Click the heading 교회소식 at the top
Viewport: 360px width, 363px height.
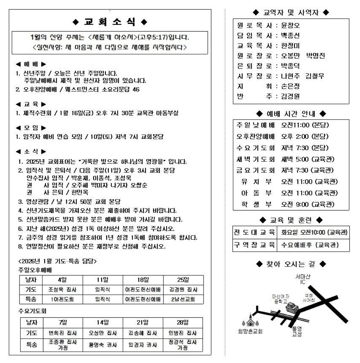(110, 23)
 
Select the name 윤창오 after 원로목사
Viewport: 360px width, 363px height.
(290, 26)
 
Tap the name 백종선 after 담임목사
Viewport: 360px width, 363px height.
(290, 36)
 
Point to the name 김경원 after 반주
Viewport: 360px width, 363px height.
(290, 96)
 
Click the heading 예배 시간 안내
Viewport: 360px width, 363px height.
(291, 113)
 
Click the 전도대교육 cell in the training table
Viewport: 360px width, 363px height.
(255, 233)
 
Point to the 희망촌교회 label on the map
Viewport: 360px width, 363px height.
(250, 331)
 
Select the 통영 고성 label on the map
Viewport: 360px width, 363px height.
(297, 331)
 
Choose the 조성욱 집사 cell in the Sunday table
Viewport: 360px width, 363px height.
(62, 290)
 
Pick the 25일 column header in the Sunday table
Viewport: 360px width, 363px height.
(183, 280)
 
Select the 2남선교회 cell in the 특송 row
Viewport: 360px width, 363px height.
(183, 299)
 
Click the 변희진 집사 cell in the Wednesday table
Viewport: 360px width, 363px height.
(63, 333)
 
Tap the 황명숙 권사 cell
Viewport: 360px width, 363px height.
(103, 345)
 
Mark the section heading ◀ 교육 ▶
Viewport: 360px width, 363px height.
(31, 104)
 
